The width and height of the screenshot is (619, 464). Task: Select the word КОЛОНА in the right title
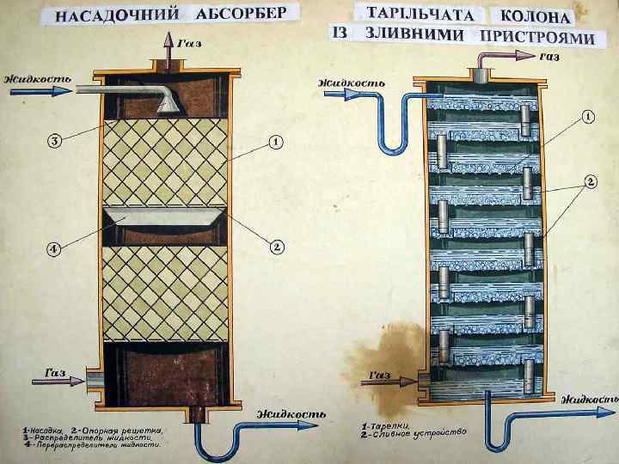(x=530, y=16)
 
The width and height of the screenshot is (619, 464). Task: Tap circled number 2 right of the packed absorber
(x=278, y=247)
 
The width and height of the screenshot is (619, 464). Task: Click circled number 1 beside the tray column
(x=588, y=117)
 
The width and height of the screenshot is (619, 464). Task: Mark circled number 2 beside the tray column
(x=591, y=181)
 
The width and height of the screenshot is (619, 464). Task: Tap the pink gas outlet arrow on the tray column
(x=518, y=56)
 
